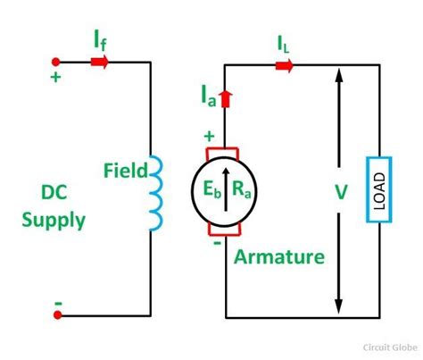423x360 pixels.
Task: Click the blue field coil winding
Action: click(155, 192)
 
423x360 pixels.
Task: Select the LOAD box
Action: click(376, 191)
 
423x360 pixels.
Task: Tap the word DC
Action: click(55, 190)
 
